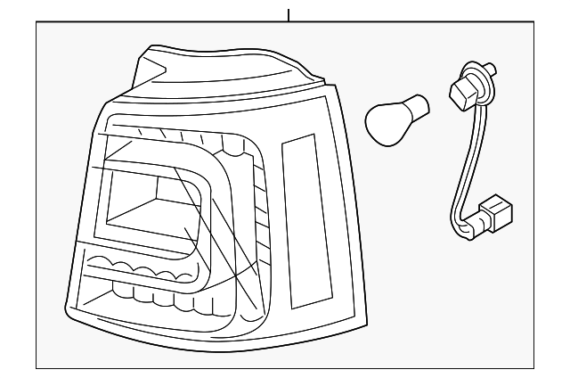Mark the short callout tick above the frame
point(288,14)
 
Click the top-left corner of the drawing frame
point(37,22)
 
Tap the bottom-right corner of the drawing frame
point(535,367)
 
